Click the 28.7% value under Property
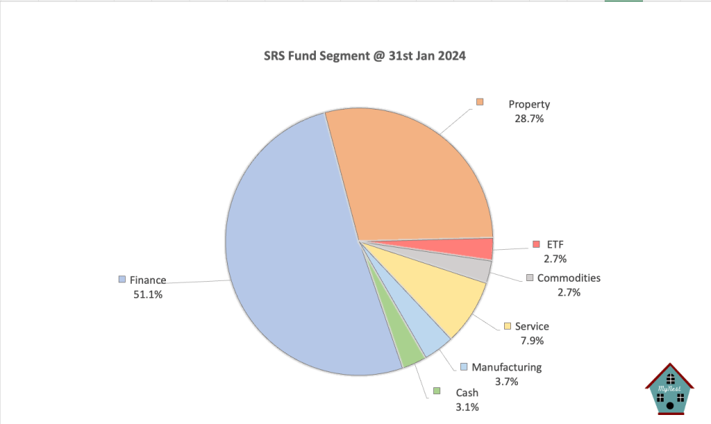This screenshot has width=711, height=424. coord(529,119)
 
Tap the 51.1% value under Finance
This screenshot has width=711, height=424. coord(149,294)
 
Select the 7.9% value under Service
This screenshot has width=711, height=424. coord(533,341)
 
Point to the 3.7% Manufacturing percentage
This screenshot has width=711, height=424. coord(506,381)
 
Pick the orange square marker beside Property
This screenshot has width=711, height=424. coord(480,103)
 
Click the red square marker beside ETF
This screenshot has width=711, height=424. coord(536,244)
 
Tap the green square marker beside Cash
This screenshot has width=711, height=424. coord(437,391)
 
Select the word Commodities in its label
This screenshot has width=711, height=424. coord(569,278)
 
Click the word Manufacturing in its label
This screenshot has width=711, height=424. coord(506,367)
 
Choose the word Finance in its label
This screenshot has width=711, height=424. coord(148,280)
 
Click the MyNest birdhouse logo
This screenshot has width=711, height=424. coord(669,390)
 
